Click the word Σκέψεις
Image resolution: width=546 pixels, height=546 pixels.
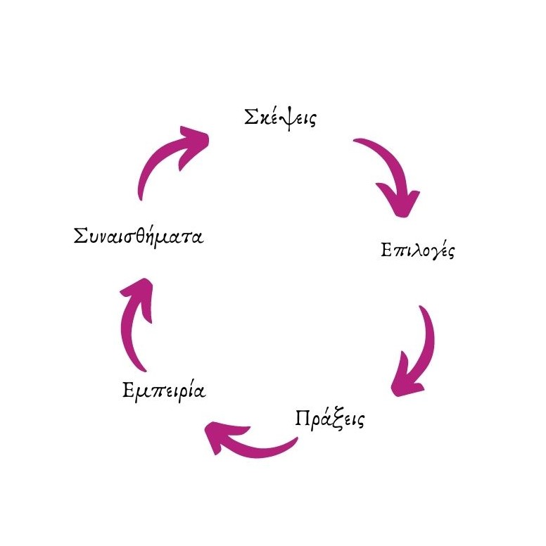[x=280, y=118]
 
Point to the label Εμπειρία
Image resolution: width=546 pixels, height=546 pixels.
[x=164, y=390]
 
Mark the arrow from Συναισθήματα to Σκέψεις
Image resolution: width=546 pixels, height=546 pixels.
[x=166, y=159]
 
